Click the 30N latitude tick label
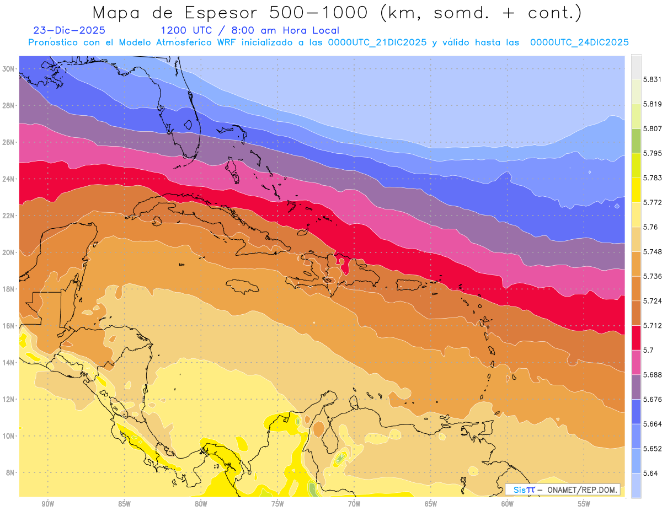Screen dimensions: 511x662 [x=9, y=68]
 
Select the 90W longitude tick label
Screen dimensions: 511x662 [x=47, y=504]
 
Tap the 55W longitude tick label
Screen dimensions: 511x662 [x=584, y=504]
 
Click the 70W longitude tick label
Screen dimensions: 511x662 [x=354, y=504]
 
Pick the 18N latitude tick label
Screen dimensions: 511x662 [x=9, y=289]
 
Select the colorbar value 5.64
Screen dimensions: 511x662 [x=651, y=473]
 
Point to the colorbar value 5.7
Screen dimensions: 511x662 [x=648, y=350]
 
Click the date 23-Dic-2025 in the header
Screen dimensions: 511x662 [x=69, y=30]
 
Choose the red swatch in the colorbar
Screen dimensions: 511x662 [x=636, y=337]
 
